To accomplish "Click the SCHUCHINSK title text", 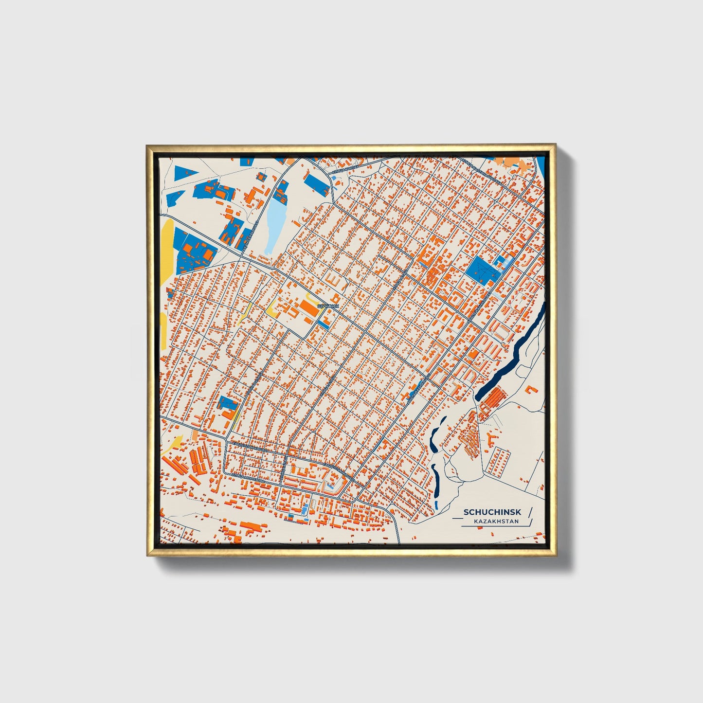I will coord(492,512).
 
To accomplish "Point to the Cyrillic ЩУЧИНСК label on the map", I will coord(327,306).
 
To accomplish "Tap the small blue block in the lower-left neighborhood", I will coord(227,403).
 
